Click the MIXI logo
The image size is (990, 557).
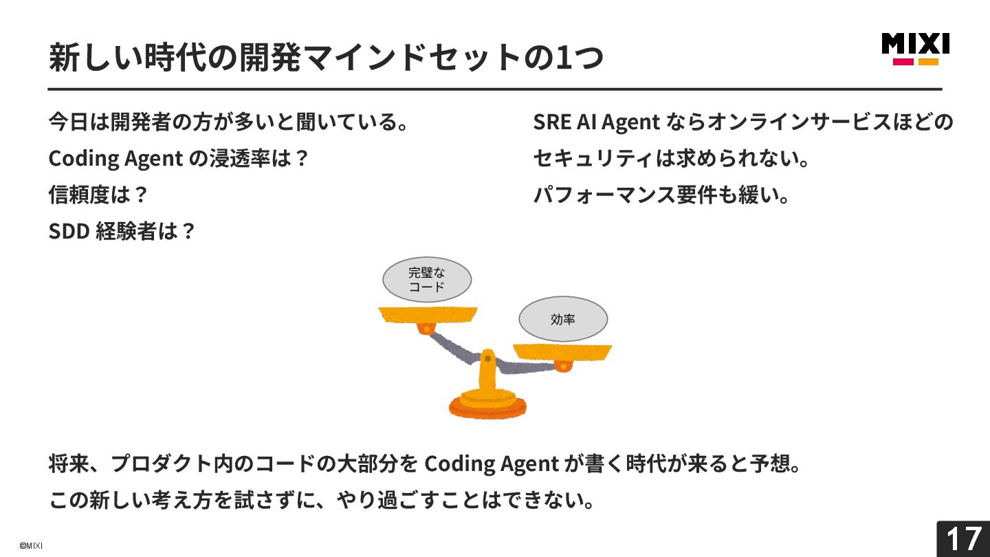(915, 44)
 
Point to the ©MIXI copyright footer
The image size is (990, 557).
(31, 545)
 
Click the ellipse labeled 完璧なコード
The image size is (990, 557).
(427, 280)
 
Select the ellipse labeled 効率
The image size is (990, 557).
(563, 319)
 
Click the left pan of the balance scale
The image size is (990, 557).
(428, 315)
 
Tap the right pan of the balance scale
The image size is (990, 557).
(562, 351)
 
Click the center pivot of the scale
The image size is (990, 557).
(487, 358)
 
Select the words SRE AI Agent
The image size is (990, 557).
(596, 122)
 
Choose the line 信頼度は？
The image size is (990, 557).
(98, 195)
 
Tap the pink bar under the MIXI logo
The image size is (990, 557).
(903, 62)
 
